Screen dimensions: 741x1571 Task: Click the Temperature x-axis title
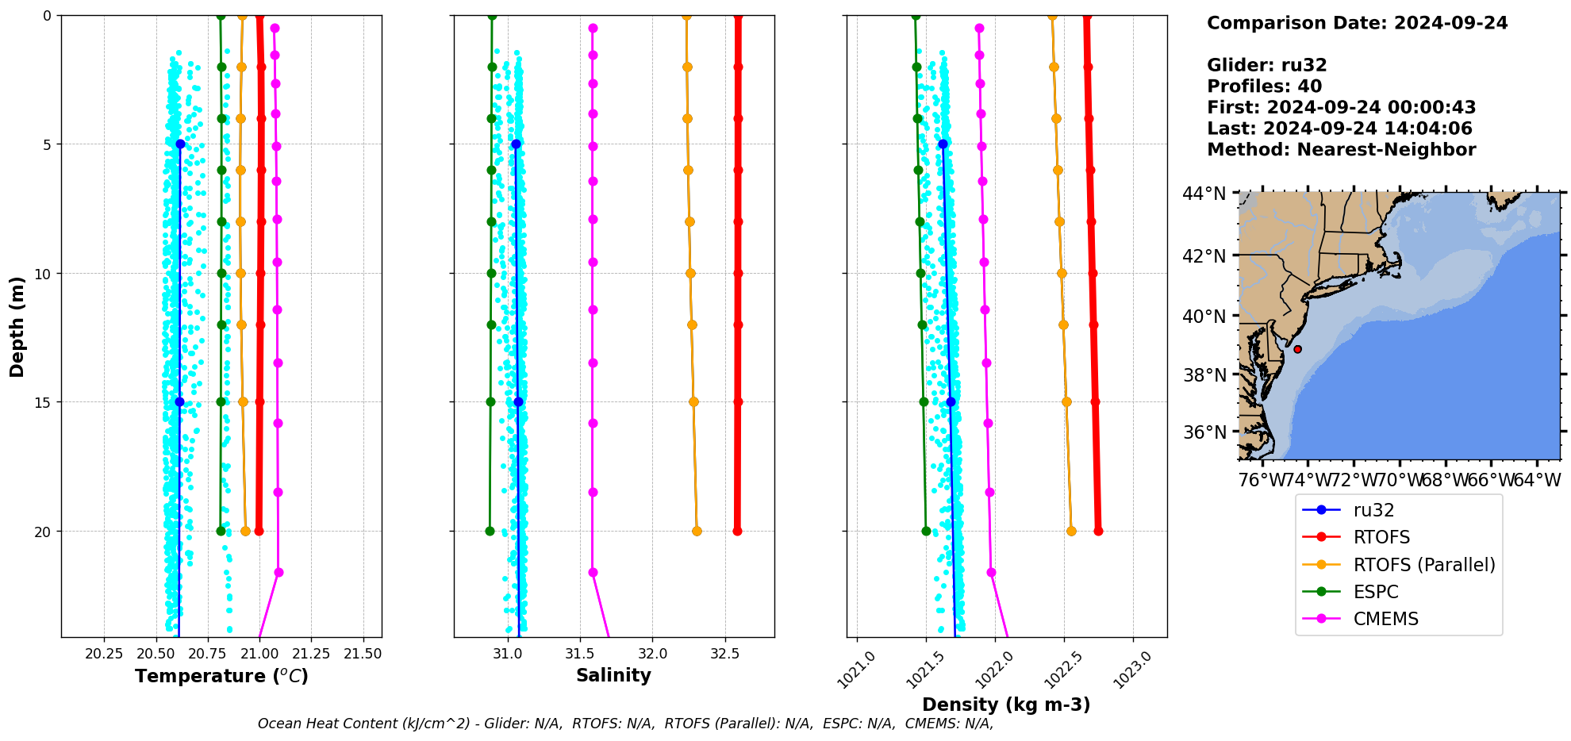point(221,676)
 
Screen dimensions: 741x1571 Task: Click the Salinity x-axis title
point(613,675)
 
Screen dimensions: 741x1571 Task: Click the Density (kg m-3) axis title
point(1006,705)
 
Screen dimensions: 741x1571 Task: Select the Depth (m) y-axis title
point(17,326)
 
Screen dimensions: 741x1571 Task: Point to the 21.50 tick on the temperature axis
point(363,654)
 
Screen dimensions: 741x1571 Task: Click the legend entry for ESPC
point(1376,592)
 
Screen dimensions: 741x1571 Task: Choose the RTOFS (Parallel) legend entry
point(1424,565)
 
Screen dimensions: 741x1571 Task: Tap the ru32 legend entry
point(1373,511)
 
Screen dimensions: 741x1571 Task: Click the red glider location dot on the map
point(1297,349)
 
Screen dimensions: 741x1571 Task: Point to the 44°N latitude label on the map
point(1204,194)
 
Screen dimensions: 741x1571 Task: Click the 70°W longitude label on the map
point(1399,480)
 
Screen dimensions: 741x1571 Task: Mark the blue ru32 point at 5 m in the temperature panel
point(180,144)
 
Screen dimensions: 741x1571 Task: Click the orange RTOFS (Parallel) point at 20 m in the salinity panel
point(697,531)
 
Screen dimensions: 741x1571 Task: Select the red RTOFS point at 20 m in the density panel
point(1098,531)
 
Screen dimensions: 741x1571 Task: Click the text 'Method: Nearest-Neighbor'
point(1341,150)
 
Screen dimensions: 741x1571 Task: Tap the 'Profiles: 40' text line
point(1264,86)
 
